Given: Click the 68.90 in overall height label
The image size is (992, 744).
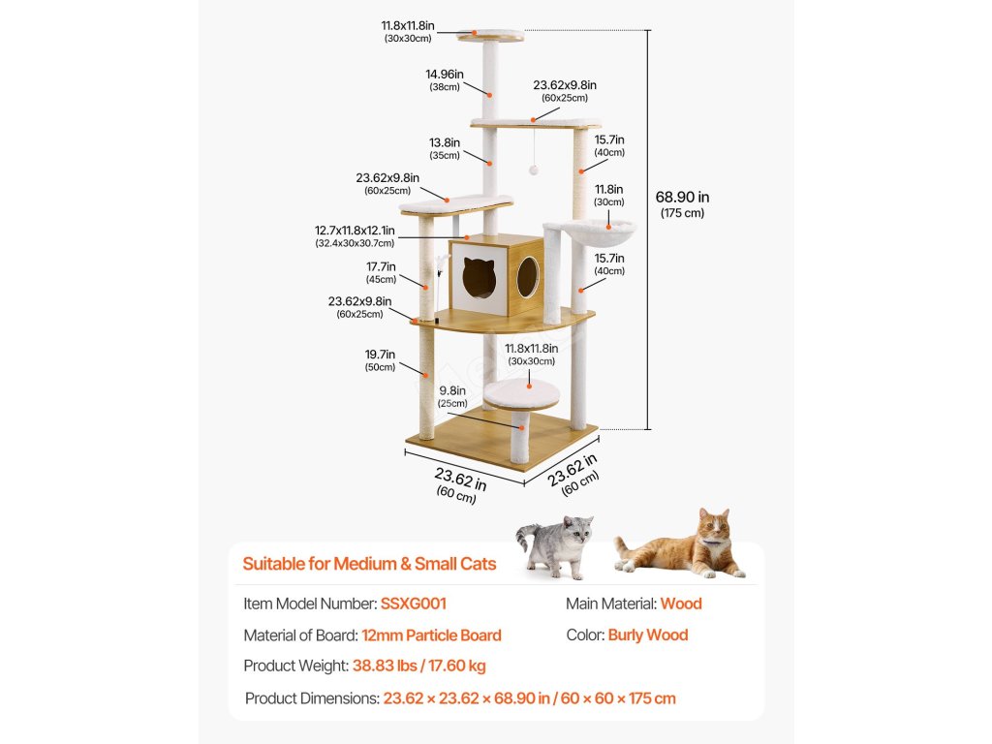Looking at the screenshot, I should [x=682, y=202].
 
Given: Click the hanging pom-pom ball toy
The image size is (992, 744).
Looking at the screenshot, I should [x=533, y=170].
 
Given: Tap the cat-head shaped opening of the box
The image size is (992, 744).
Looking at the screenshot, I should [x=478, y=278].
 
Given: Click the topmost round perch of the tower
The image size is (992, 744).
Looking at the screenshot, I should [x=491, y=36].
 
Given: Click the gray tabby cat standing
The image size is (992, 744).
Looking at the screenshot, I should [x=556, y=544].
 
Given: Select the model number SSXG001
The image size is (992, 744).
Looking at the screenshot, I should [x=414, y=604].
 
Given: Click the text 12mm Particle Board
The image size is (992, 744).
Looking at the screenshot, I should [x=432, y=635].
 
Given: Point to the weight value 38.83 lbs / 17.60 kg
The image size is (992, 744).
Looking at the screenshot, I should [x=418, y=666].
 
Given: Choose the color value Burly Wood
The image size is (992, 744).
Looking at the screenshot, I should [x=648, y=635].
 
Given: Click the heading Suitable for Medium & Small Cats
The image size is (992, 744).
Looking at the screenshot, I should [x=369, y=564].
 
